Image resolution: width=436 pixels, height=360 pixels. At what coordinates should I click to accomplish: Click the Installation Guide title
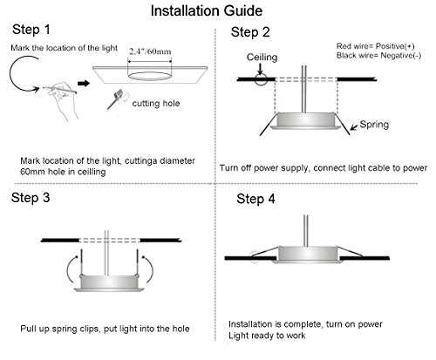tap(207, 11)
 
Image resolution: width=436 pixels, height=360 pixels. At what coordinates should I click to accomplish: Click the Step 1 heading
tap(31, 30)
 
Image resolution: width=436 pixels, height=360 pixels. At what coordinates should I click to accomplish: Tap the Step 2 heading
tap(250, 32)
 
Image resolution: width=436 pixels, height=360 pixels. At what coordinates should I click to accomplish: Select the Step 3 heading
tap(31, 198)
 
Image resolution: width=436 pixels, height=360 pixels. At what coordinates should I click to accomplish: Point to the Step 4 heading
tap(255, 199)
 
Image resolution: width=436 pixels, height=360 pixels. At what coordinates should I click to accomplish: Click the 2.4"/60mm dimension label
tap(150, 51)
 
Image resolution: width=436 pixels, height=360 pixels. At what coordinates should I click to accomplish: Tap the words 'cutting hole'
tap(156, 104)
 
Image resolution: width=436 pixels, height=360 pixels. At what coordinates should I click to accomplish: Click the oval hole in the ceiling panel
tap(150, 76)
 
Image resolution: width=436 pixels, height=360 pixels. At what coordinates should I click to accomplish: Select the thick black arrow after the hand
tap(84, 84)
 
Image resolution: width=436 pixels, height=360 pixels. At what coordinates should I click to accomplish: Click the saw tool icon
tap(115, 99)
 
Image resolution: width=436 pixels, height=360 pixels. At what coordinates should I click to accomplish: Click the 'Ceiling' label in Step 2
tap(262, 58)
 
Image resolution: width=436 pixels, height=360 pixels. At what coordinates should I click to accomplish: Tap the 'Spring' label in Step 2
tap(374, 125)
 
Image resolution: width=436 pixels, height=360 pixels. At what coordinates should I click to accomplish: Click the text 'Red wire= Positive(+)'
tap(375, 46)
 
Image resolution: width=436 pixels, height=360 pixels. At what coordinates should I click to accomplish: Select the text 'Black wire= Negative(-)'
tap(378, 55)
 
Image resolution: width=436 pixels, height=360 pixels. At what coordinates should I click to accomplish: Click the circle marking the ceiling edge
tap(261, 79)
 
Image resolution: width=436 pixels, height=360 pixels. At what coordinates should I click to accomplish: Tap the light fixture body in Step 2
tap(305, 120)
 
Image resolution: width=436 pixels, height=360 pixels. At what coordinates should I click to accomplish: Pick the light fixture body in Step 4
tap(307, 255)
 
